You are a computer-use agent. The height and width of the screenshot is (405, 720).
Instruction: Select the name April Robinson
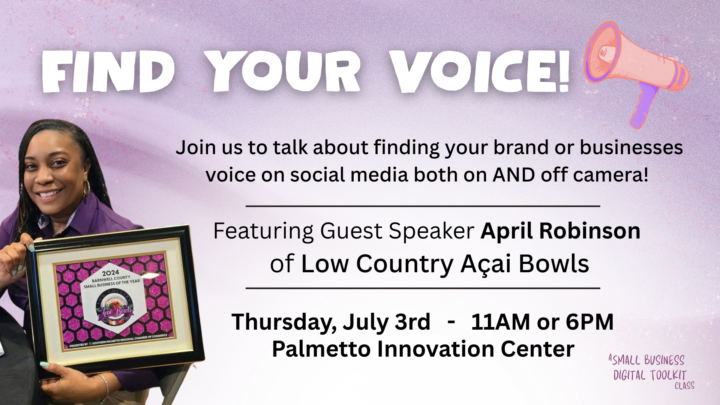(x=560, y=231)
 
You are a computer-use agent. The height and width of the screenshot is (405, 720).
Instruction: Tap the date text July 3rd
(x=386, y=322)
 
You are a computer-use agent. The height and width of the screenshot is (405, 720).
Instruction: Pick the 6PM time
(x=589, y=322)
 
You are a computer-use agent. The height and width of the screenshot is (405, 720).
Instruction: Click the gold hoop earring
(x=87, y=187)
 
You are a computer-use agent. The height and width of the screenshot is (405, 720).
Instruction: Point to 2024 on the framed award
(x=111, y=273)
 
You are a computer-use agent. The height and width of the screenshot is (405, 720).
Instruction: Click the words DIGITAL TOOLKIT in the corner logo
(x=650, y=375)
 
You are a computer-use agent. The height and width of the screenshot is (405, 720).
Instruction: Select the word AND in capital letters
(x=514, y=175)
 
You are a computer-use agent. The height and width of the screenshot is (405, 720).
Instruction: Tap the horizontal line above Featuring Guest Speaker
(x=423, y=206)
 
